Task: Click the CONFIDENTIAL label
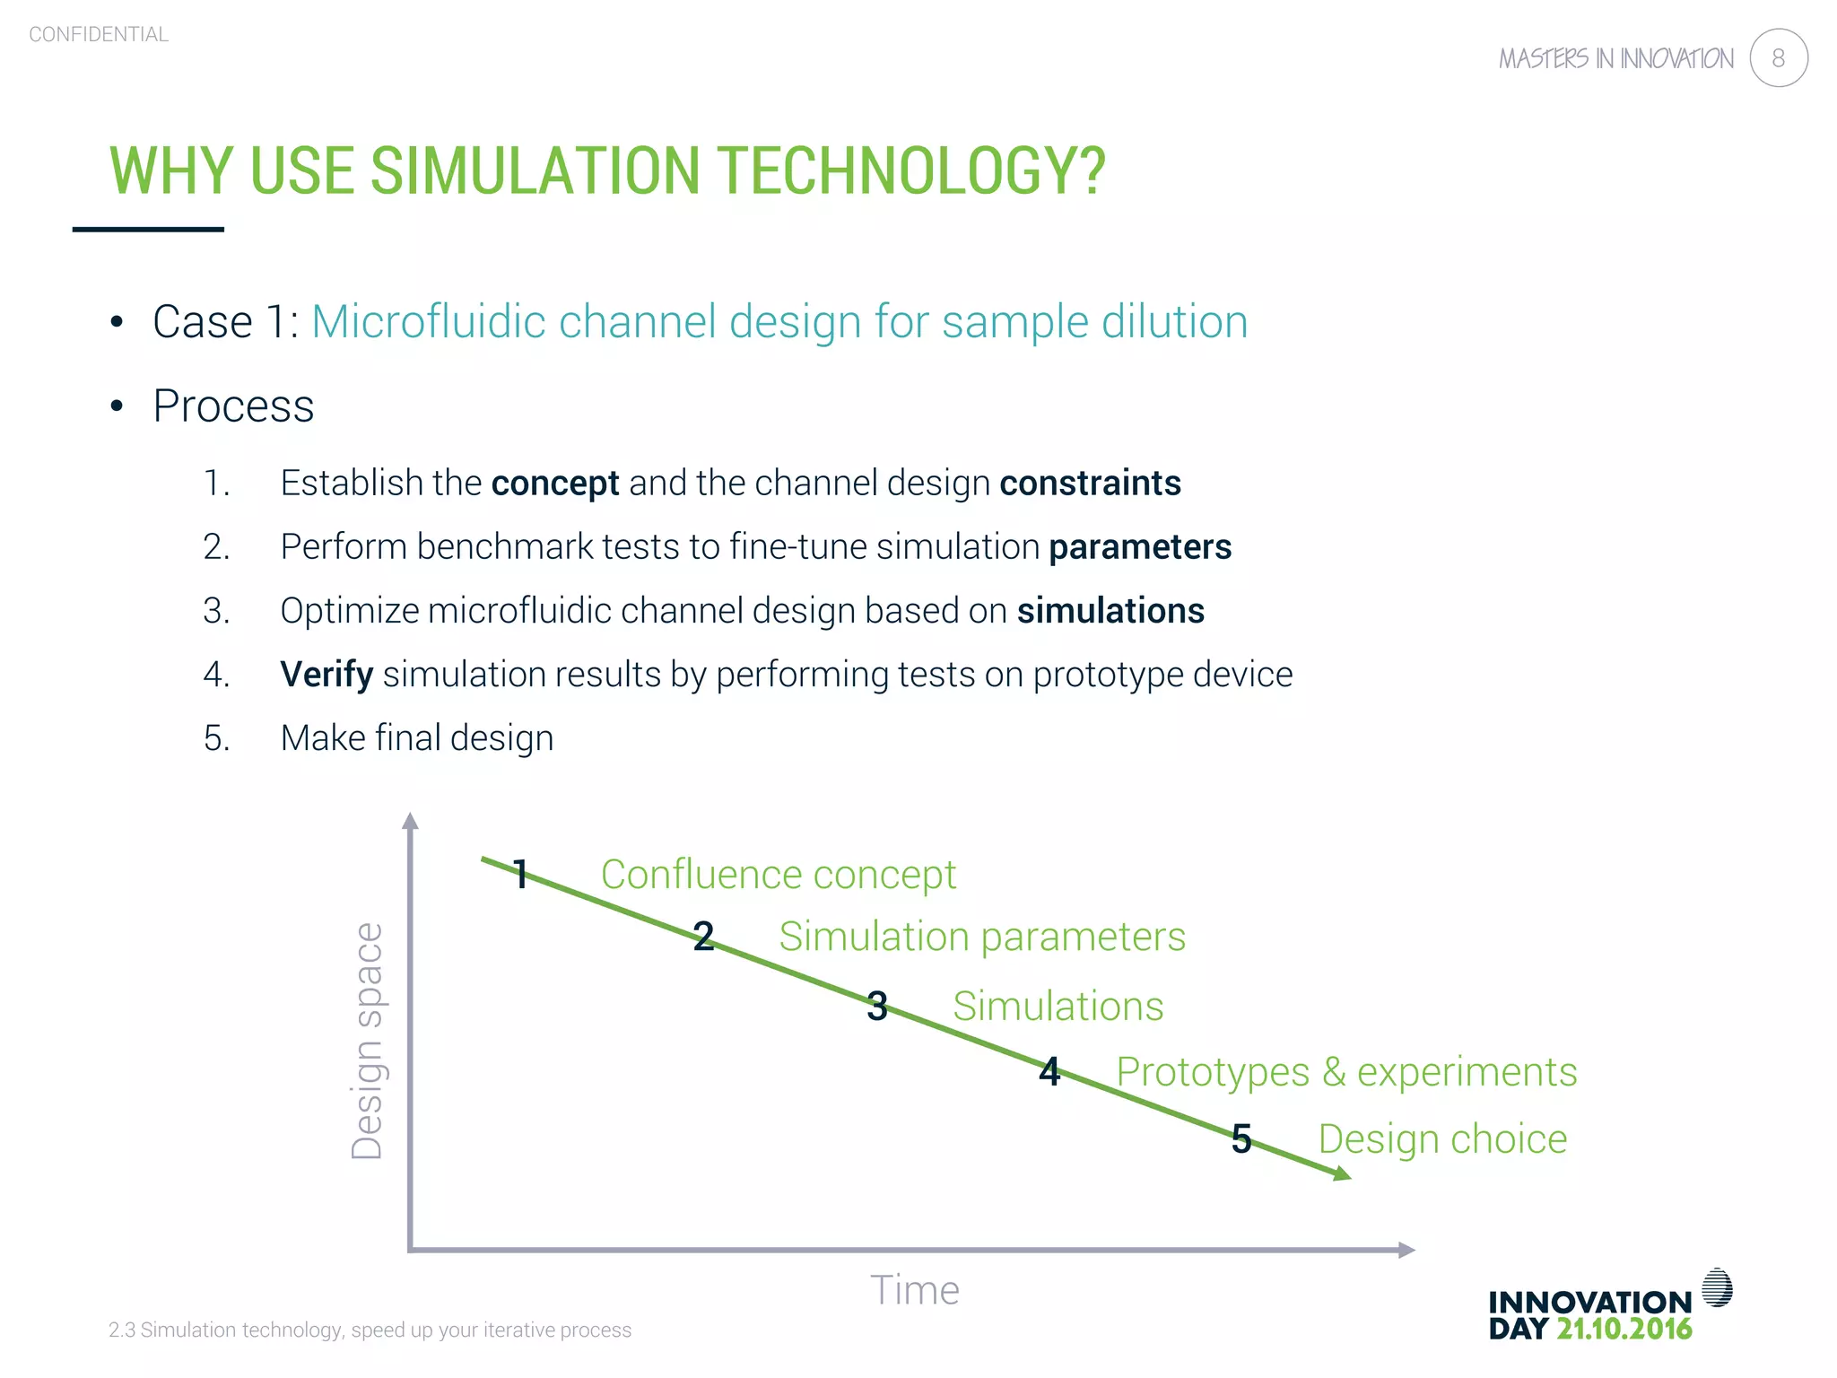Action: pos(99,35)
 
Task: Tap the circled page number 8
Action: pos(1778,58)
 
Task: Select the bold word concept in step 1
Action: pos(554,484)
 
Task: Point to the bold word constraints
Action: pos(1090,484)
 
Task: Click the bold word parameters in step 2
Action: pos(1140,547)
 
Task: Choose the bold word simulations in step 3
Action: pos(1110,611)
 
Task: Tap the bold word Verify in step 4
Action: pos(326,675)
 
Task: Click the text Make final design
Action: pos(416,738)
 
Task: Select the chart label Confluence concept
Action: pos(778,875)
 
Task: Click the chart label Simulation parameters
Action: pos(981,937)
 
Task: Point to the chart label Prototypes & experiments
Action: pos(1345,1072)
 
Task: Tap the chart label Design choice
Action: pos(1442,1139)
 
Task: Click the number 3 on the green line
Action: pos(877,1007)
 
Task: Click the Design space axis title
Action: pos(368,1041)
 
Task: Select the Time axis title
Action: pos(914,1291)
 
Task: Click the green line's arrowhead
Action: pos(1342,1173)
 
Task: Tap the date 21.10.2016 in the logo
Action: pos(1624,1330)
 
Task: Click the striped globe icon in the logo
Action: pos(1717,1288)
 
